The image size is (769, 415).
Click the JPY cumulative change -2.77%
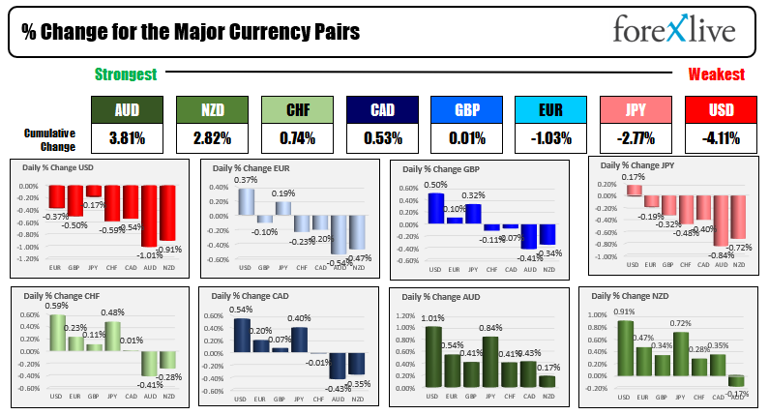pyautogui.click(x=635, y=138)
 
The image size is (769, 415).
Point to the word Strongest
pyautogui.click(x=126, y=74)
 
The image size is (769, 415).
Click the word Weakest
pyautogui.click(x=716, y=74)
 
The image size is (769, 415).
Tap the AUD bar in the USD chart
pyautogui.click(x=148, y=218)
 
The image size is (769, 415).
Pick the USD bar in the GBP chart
pyautogui.click(x=436, y=208)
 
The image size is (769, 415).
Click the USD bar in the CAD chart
pyautogui.click(x=241, y=333)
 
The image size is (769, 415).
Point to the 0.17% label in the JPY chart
pyautogui.click(x=633, y=177)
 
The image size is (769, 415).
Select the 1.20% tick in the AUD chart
pyautogui.click(x=403, y=314)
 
